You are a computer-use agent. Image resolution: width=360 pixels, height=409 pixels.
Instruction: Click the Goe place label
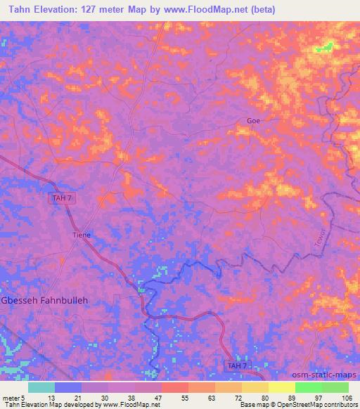tap(253, 121)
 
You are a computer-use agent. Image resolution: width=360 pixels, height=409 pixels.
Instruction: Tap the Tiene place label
tap(82, 235)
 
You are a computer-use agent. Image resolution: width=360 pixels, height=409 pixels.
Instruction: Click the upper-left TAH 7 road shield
tap(63, 199)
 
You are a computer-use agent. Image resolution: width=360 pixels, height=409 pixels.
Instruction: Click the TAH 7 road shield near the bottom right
tap(236, 365)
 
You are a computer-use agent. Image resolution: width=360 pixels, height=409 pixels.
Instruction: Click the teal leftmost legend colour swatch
tap(41, 387)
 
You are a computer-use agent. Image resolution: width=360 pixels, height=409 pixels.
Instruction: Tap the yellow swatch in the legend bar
tap(281, 387)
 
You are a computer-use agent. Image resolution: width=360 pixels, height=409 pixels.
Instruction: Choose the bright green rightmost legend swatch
tap(335, 387)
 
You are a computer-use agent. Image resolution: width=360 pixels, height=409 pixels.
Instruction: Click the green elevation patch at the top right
tap(324, 48)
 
